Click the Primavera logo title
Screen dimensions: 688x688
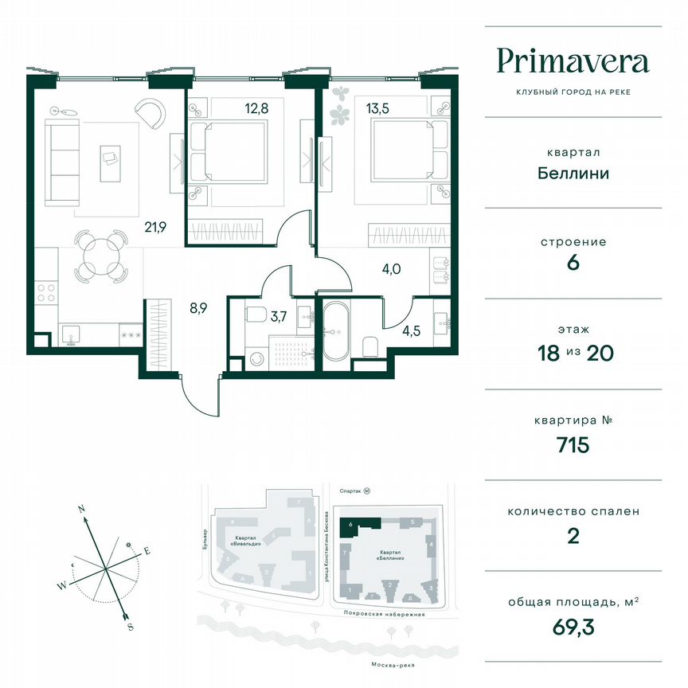[x=573, y=61]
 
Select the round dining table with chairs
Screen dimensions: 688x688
[x=101, y=256]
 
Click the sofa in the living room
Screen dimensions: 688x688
[x=58, y=162]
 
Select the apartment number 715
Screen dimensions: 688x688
[x=573, y=444]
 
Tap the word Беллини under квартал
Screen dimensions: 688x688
[x=573, y=172]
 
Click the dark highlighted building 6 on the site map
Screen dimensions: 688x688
[x=360, y=525]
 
